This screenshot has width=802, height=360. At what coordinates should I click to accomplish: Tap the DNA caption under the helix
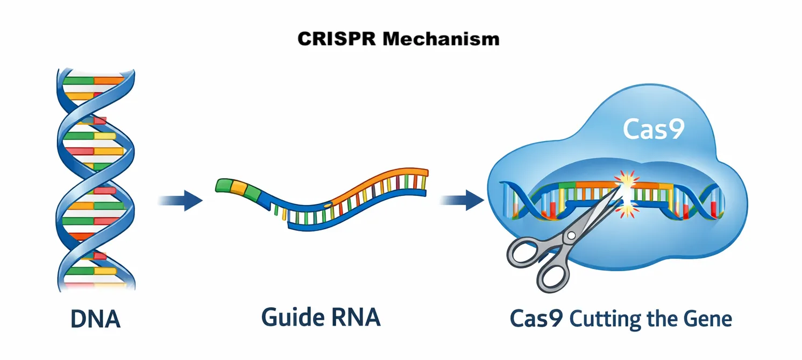[95, 319]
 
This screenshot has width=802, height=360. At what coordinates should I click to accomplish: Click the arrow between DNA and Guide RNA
[181, 201]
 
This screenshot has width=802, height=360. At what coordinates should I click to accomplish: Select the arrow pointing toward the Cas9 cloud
[463, 201]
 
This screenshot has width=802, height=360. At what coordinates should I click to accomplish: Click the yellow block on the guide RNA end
[238, 187]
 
